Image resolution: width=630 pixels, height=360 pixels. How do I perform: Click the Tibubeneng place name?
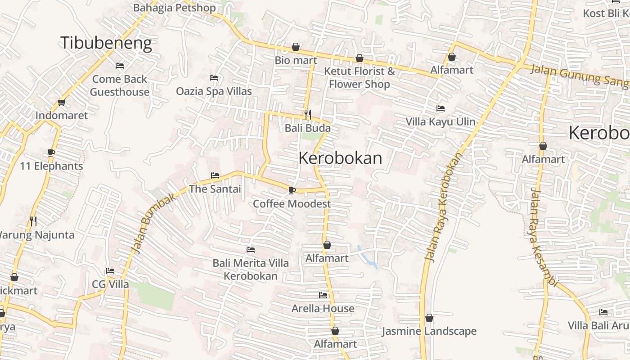(x=106, y=43)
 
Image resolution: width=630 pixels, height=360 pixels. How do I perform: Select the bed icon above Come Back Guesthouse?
(x=120, y=66)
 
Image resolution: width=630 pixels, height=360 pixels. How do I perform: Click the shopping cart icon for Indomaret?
(x=62, y=102)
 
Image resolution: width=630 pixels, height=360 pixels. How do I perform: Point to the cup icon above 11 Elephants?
(x=51, y=153)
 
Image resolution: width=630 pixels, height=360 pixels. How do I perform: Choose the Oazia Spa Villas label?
(x=214, y=91)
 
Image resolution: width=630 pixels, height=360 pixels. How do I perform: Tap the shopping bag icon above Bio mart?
(x=296, y=47)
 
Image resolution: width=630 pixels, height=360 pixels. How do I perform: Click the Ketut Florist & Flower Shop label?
(x=359, y=77)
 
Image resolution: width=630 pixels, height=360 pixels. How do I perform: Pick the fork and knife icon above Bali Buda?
(x=308, y=115)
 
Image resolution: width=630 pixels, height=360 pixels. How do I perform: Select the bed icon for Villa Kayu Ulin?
(x=441, y=108)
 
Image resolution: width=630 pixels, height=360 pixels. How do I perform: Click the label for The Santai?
(x=215, y=189)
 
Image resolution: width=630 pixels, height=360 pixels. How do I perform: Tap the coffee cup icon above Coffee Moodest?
(x=292, y=190)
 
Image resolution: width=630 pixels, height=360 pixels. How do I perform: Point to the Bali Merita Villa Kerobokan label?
(x=251, y=269)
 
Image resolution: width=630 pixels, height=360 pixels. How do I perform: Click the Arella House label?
(x=323, y=308)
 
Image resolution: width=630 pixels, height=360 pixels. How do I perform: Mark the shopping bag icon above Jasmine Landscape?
(x=429, y=318)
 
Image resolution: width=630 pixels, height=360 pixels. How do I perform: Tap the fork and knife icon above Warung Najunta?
(x=33, y=221)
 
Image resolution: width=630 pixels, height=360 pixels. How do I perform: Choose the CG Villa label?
(x=110, y=284)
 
